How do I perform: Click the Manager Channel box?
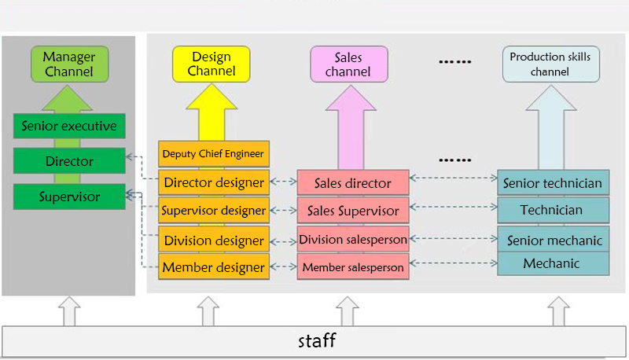click(68, 64)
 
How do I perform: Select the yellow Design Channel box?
click(211, 64)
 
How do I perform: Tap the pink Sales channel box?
click(348, 64)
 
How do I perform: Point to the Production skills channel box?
click(550, 64)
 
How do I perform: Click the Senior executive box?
click(69, 126)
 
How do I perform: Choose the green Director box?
click(69, 161)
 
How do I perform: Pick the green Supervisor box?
click(69, 197)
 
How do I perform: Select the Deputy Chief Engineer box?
click(214, 153)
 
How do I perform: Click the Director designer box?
click(214, 182)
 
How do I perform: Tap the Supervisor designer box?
click(214, 211)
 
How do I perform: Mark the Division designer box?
click(214, 240)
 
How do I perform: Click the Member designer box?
click(214, 267)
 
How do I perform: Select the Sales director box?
click(353, 183)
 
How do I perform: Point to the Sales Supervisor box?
click(353, 211)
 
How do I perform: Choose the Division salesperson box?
click(353, 239)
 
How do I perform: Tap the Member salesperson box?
click(353, 267)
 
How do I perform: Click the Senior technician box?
click(554, 183)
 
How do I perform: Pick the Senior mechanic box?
click(554, 239)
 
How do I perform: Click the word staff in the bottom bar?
click(317, 340)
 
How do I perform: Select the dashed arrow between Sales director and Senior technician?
click(453, 178)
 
